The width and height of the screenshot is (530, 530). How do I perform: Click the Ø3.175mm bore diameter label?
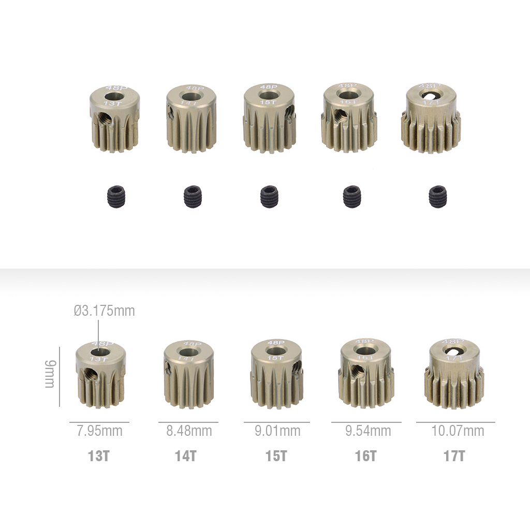[x=104, y=311]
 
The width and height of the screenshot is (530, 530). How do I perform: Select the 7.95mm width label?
[x=99, y=431]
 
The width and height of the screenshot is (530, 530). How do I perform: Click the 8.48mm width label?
[x=189, y=431]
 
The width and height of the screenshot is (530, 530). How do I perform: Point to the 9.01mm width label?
[x=277, y=431]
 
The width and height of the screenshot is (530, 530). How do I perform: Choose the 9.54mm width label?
[x=368, y=431]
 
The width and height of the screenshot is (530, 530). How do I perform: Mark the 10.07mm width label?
[x=458, y=431]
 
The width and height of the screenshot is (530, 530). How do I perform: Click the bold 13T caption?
[x=99, y=457]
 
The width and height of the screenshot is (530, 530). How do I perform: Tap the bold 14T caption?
[x=186, y=457]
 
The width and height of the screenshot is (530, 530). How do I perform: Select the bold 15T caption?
[x=276, y=457]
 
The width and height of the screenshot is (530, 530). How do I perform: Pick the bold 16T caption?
[x=365, y=457]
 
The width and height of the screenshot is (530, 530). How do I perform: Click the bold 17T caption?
[x=454, y=457]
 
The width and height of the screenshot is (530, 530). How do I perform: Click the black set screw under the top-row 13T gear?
[x=115, y=197]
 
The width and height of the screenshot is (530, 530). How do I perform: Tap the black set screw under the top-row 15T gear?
[x=269, y=197]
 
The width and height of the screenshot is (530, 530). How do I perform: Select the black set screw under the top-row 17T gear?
[x=437, y=197]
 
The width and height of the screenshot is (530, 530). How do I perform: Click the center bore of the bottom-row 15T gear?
[x=275, y=351]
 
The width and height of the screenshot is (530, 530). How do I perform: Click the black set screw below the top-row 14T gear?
[x=193, y=197]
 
